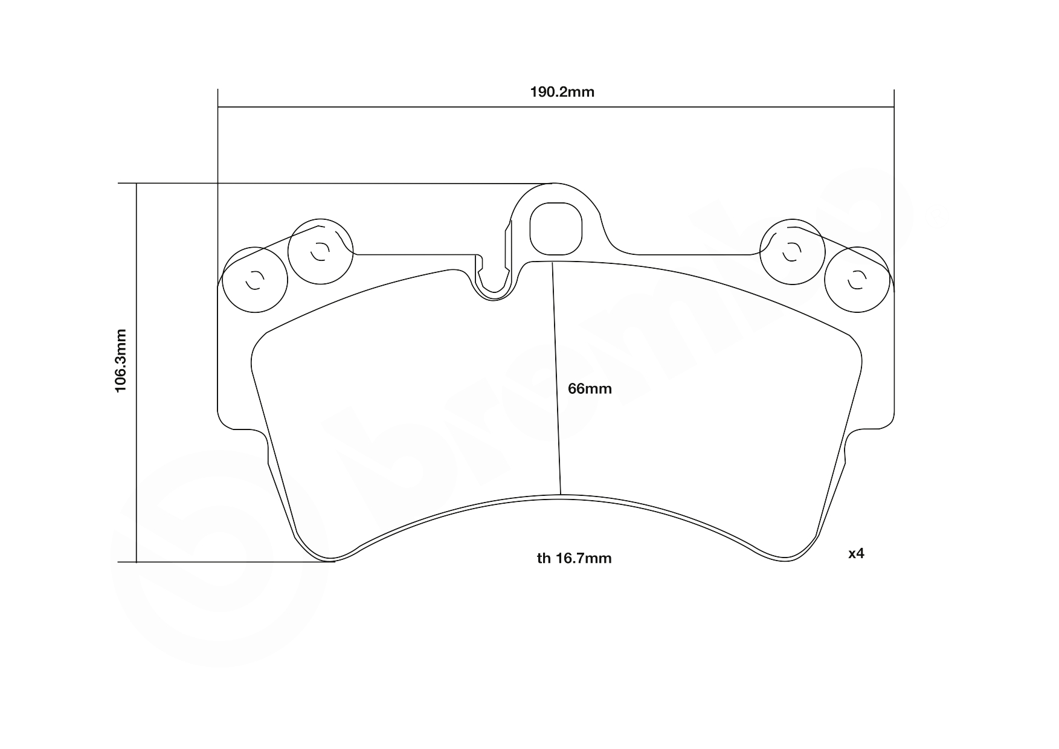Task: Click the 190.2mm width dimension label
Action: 562,92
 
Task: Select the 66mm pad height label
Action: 590,389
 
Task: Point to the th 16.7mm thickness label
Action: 574,559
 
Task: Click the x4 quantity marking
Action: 856,553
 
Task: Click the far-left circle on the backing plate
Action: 254,279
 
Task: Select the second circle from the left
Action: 320,251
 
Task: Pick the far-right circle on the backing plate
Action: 857,279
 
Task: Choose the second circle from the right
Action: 791,251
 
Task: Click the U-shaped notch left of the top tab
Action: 495,284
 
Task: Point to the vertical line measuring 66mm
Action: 556,381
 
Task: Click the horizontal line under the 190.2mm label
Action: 555,108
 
